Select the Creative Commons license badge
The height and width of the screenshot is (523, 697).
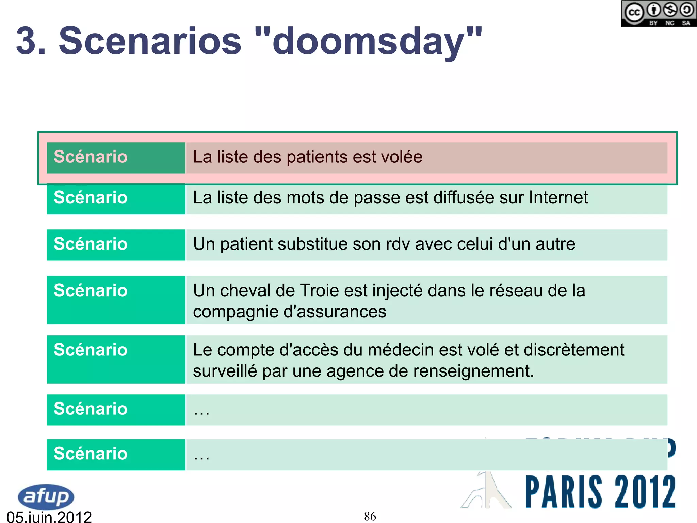(x=658, y=14)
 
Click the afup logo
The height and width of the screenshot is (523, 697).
(x=46, y=496)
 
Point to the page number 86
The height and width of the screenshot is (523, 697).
(x=370, y=516)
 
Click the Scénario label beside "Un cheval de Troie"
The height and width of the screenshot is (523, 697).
(x=91, y=291)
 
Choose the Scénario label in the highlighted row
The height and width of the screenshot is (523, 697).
(x=91, y=157)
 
